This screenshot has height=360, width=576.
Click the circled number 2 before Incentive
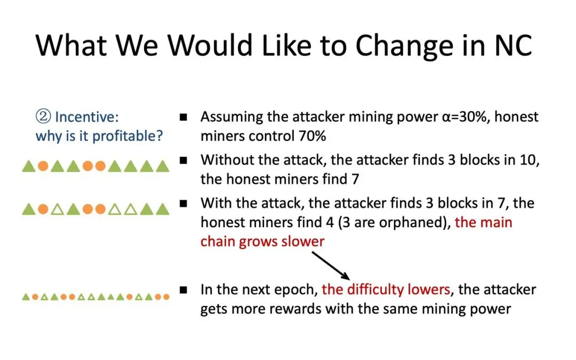[43, 117]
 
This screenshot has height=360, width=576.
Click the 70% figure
[312, 136]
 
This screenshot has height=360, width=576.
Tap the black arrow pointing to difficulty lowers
[331, 265]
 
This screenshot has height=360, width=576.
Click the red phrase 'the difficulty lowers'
[386, 290]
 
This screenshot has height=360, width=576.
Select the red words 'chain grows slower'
[262, 242]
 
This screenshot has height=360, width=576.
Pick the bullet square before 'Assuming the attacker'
[183, 117]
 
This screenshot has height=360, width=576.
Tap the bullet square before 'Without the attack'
[183, 160]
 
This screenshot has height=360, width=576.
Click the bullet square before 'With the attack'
[183, 203]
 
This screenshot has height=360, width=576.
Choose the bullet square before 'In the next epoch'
[183, 290]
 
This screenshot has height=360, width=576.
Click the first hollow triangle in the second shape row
[57, 210]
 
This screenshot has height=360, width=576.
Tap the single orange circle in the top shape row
[43, 166]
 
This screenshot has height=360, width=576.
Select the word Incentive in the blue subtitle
[87, 117]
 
